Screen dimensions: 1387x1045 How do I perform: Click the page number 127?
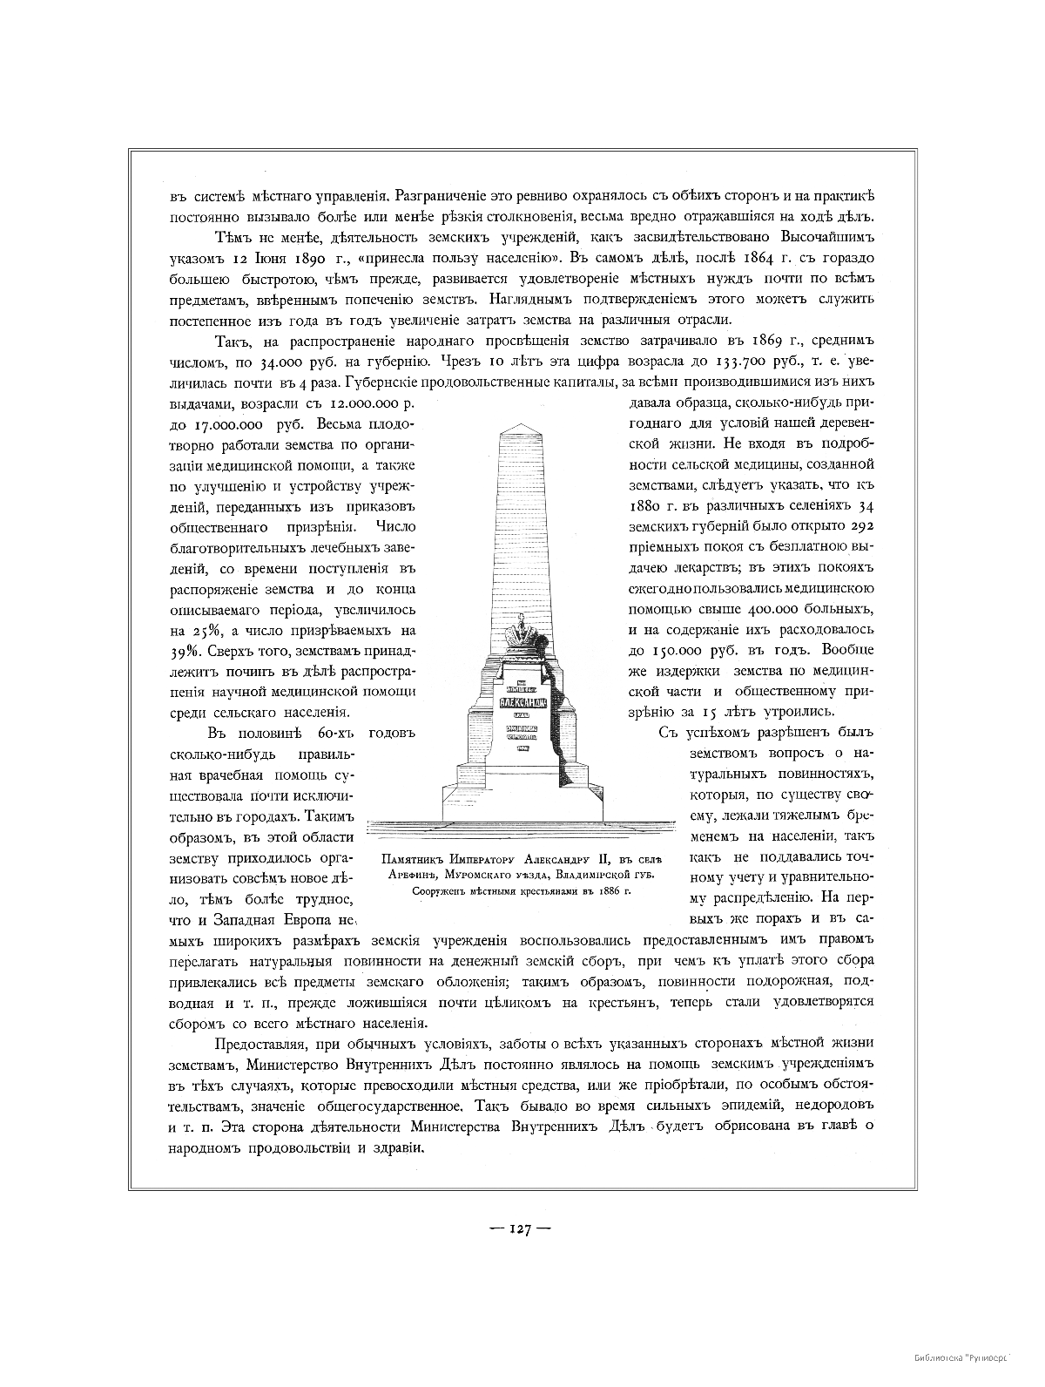pyautogui.click(x=522, y=1229)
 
